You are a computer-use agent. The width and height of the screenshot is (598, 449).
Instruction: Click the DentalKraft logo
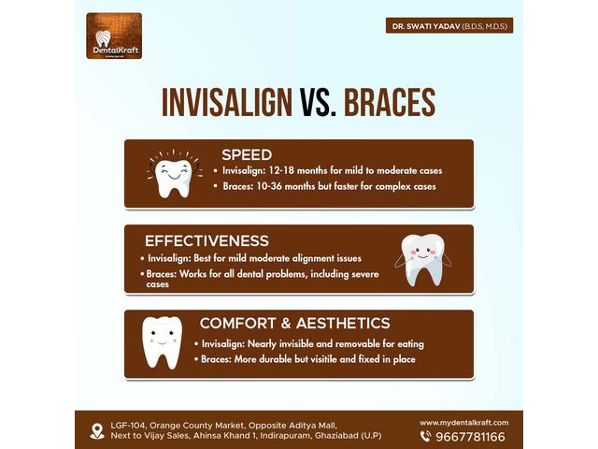[114, 36]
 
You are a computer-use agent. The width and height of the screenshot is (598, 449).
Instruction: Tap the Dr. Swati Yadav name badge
[449, 25]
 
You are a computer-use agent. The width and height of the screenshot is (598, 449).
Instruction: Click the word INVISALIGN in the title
[227, 102]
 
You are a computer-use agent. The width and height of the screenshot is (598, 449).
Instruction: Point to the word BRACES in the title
[390, 102]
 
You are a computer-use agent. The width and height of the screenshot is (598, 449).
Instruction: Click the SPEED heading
[247, 155]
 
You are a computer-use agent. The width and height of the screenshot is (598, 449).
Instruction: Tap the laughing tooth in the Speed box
[175, 174]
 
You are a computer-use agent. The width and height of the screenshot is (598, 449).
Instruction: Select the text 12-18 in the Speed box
[281, 170]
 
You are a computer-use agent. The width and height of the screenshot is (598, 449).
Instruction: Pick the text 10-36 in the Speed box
[269, 186]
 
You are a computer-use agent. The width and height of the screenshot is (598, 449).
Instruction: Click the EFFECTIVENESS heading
[206, 241]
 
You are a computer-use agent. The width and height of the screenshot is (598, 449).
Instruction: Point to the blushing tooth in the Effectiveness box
[423, 260]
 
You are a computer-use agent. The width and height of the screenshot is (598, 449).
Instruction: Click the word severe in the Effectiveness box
[363, 274]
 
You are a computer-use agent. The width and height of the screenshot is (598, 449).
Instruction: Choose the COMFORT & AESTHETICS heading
[295, 324]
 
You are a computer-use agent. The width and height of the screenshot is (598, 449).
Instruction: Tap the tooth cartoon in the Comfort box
[162, 342]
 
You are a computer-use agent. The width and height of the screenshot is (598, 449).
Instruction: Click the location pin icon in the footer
[97, 431]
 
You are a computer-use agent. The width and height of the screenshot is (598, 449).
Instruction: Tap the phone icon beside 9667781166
[426, 437]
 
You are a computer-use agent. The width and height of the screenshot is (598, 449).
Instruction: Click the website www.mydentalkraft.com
[464, 423]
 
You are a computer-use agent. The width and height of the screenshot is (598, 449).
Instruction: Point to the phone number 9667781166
[470, 437]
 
